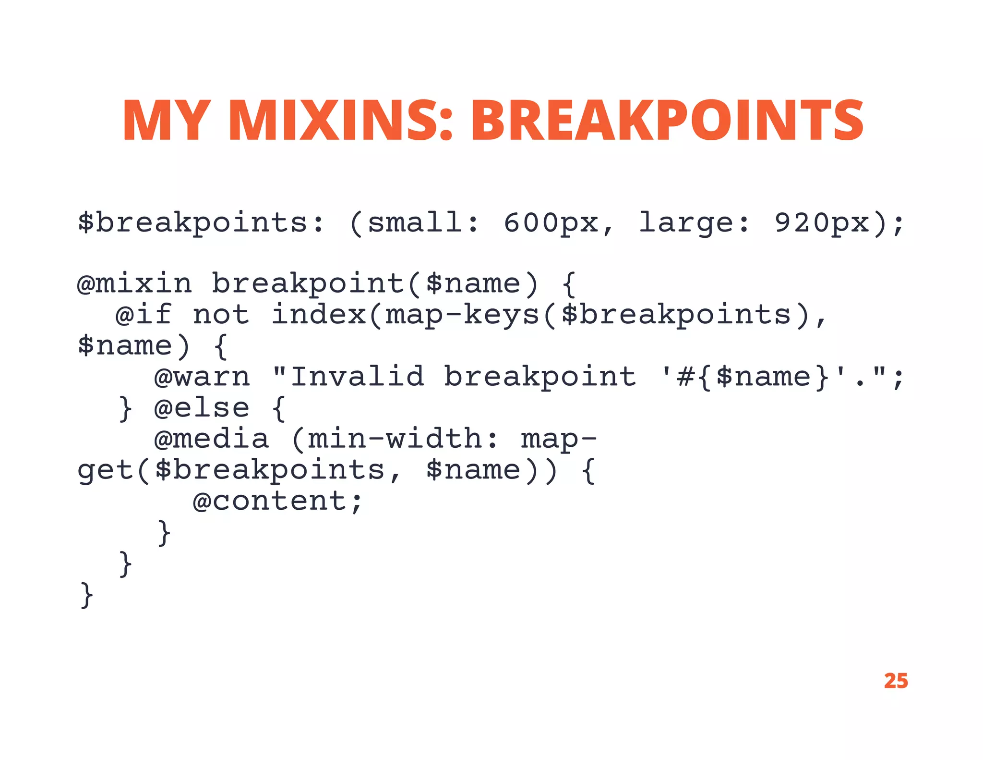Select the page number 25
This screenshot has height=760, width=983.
point(896,681)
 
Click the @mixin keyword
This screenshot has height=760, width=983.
point(135,283)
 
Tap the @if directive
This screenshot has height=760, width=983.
point(144,315)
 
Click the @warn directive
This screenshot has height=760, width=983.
point(202,377)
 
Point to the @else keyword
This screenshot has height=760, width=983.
point(202,408)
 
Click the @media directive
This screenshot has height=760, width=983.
point(212,439)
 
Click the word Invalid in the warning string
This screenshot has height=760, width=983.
point(358,377)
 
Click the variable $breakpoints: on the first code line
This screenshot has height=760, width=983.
point(201,223)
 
